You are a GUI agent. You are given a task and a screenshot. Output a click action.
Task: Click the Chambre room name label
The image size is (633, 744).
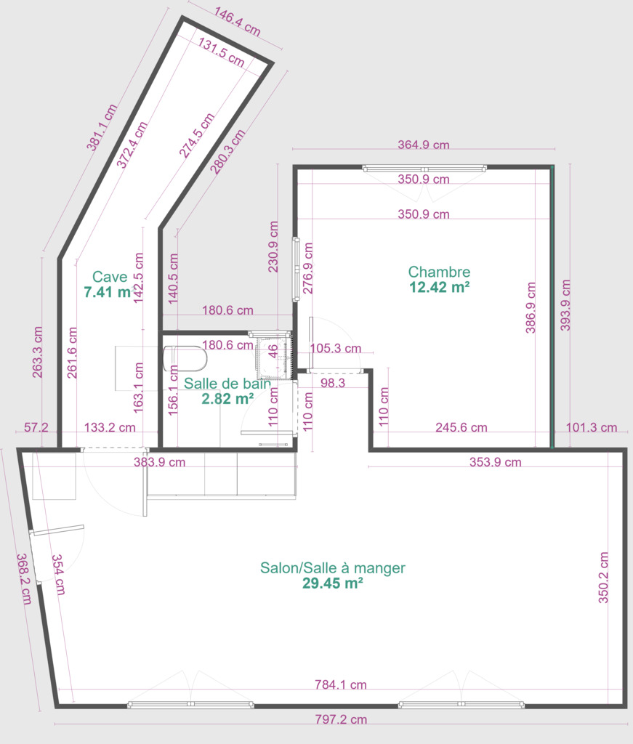point(440,272)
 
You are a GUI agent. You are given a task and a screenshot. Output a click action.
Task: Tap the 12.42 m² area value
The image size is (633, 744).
point(440,287)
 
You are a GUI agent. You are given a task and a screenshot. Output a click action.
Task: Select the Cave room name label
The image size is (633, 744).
point(110,277)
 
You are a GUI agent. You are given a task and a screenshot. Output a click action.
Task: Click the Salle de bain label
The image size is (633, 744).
point(227,384)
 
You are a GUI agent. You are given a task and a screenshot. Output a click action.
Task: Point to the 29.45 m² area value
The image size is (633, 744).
point(333,583)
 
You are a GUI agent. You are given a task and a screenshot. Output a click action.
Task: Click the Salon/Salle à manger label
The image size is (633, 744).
point(333,568)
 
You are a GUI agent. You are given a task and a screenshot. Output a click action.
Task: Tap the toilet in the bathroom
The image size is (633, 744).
point(185,359)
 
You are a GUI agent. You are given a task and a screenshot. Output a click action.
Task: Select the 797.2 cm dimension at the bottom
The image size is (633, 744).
point(341,719)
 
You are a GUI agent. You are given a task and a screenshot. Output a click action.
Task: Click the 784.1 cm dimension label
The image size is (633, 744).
point(341,684)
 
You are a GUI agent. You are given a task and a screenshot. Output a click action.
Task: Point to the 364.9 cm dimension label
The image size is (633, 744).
point(423,145)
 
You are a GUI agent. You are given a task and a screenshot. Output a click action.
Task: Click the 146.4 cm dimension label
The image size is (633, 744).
point(237,21)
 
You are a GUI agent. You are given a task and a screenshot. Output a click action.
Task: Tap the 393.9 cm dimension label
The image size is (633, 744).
point(565,305)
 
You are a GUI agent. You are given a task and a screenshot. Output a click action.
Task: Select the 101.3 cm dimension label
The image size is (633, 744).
point(592,427)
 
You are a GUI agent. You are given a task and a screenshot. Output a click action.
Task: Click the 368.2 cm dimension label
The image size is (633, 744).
point(24,579)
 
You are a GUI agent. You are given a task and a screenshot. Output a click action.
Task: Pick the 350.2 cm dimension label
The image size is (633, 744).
point(603,578)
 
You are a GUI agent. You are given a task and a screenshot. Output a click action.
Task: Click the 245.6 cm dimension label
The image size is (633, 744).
point(461,427)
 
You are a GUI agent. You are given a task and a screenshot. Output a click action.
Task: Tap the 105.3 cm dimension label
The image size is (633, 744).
point(336,348)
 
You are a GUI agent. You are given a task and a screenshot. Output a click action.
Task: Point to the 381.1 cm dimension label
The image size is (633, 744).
point(101,127)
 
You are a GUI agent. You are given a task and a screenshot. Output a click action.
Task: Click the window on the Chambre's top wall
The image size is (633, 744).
point(424,169)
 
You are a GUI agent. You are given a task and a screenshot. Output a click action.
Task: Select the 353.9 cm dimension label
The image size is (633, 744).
point(496,462)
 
